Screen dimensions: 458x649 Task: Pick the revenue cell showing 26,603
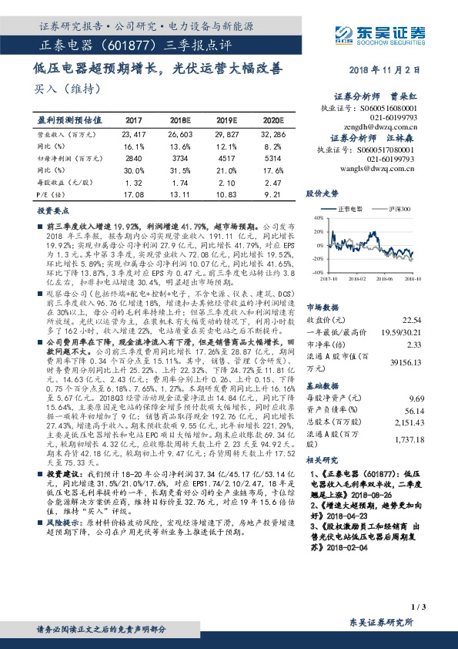point(179,134)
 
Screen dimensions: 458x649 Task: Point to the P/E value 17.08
point(134,194)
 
